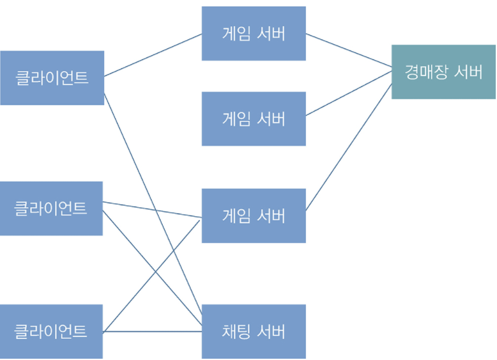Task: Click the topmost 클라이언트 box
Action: [x=52, y=78]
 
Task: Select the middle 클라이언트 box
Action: [x=51, y=208]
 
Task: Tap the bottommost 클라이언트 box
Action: [x=51, y=331]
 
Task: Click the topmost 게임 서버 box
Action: [x=254, y=33]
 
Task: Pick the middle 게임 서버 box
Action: [x=254, y=119]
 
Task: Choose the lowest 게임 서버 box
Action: [x=254, y=215]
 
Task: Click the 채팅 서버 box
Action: [x=254, y=331]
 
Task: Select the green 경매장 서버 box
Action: [x=443, y=72]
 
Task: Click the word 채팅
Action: [x=236, y=332]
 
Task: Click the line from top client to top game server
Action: [x=153, y=55]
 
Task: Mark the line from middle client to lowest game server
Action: [x=152, y=210]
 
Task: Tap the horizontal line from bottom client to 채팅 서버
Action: [x=152, y=331]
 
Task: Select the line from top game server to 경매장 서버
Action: [x=348, y=51]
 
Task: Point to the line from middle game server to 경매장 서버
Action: [x=348, y=93]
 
